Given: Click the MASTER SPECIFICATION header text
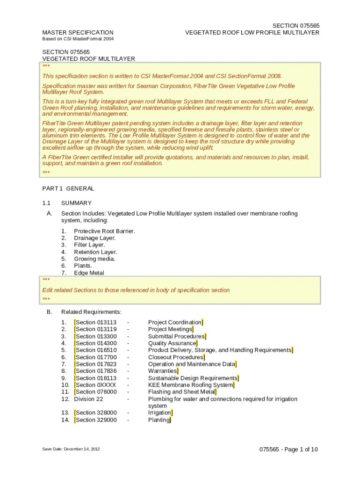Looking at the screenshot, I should pyautogui.click(x=78, y=33).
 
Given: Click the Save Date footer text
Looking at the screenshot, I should pyautogui.click(x=71, y=449).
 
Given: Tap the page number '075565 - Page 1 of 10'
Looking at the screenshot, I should pyautogui.click(x=288, y=450).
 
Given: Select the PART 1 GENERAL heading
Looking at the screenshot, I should pyautogui.click(x=68, y=189).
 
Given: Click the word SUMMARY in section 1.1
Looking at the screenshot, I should pyautogui.click(x=76, y=203).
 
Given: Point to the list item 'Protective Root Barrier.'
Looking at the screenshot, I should pyautogui.click(x=105, y=231).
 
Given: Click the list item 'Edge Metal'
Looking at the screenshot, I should pyautogui.click(x=89, y=273).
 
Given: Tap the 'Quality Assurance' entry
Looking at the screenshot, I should pyautogui.click(x=173, y=343).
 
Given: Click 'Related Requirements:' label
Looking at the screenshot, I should pyautogui.click(x=91, y=312).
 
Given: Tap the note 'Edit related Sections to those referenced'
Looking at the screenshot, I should pyautogui.click(x=136, y=290).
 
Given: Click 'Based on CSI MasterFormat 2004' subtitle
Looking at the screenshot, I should pyautogui.click(x=78, y=39).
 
